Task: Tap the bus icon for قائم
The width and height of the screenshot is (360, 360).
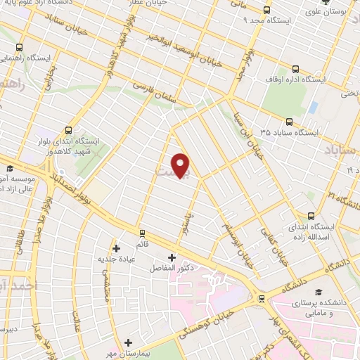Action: pos(142,233)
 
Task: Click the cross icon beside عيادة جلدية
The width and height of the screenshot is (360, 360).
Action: pos(117,247)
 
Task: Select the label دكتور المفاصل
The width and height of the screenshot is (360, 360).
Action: pos(172,268)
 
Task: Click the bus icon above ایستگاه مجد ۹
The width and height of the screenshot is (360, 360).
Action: pos(266,10)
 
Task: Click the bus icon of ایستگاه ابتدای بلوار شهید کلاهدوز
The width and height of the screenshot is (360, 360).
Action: pos(68,129)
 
